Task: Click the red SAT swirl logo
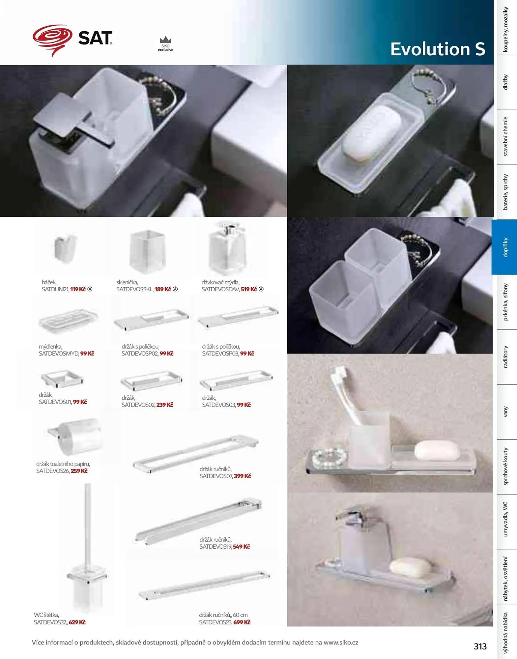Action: (x=53, y=40)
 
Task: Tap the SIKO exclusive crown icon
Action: (x=165, y=40)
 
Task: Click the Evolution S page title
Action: (x=438, y=49)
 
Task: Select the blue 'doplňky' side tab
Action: (x=504, y=247)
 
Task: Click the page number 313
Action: (x=480, y=646)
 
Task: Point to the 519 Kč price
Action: (x=249, y=289)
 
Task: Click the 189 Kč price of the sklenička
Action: (x=163, y=289)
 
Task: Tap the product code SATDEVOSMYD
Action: (x=59, y=354)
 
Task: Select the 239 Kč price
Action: (x=165, y=405)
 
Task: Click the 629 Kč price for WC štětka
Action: (x=77, y=622)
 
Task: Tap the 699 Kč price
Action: (x=242, y=622)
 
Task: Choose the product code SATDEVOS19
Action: (x=215, y=547)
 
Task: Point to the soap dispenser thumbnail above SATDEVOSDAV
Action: (x=227, y=248)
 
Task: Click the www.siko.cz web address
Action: (x=341, y=643)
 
